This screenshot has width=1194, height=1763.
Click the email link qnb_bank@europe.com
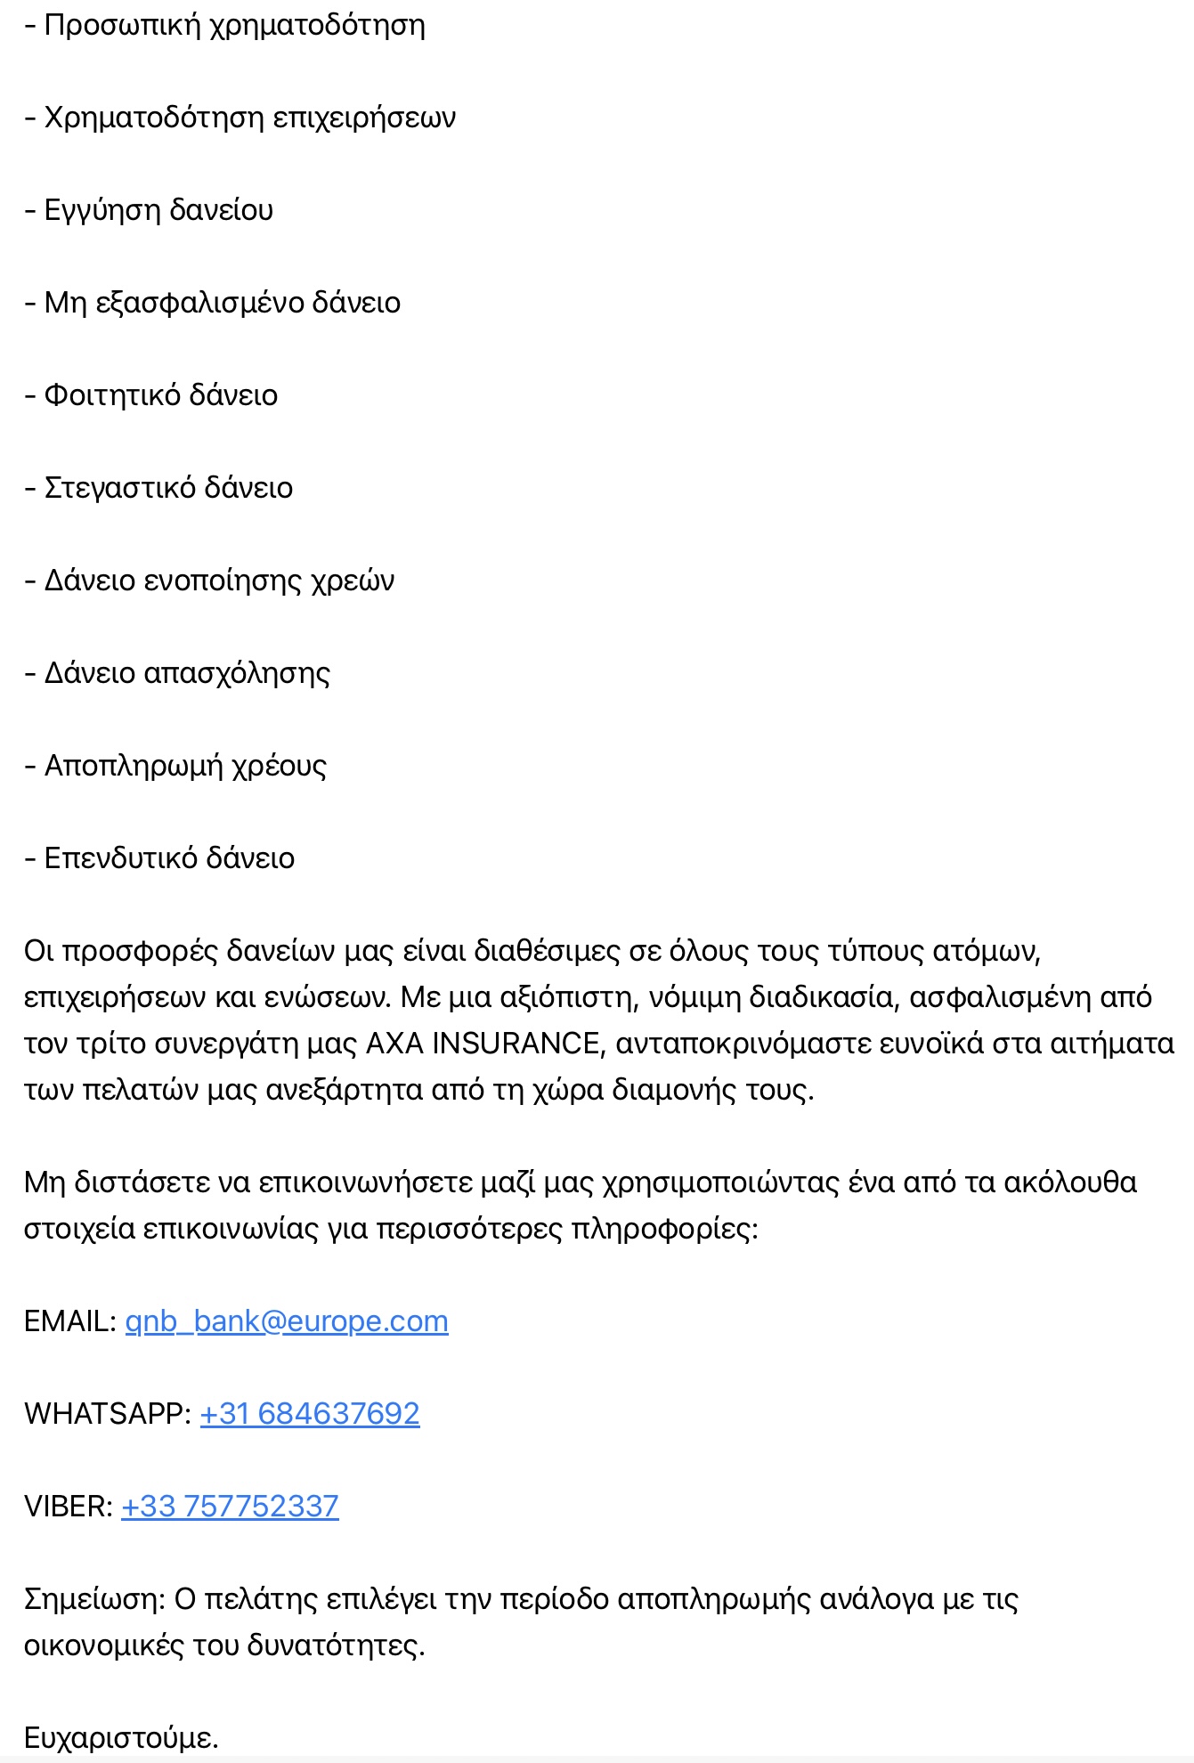coord(287,1321)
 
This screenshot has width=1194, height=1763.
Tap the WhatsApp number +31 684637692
coord(310,1414)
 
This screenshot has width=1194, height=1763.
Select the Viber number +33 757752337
coord(230,1507)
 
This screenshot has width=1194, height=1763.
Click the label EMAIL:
coord(70,1321)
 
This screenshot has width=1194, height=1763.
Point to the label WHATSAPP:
coord(108,1414)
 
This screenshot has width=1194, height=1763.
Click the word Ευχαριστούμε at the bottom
coord(120,1738)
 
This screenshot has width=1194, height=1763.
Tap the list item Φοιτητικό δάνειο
coord(161,395)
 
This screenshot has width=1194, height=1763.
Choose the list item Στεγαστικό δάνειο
coord(168,488)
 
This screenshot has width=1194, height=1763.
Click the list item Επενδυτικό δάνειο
coord(169,858)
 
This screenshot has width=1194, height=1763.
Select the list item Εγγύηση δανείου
coord(158,210)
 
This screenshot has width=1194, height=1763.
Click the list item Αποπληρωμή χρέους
coord(185,766)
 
